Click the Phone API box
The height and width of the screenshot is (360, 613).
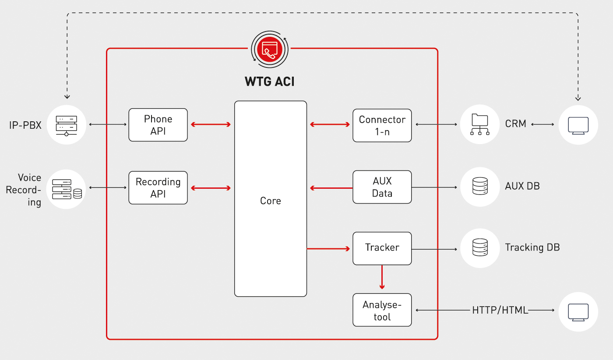(158, 125)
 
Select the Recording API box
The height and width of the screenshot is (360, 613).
(158, 187)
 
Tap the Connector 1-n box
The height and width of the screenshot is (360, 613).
(382, 125)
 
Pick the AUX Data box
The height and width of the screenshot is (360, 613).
(382, 187)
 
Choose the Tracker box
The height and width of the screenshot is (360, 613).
(382, 248)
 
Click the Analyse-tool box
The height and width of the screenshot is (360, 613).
(382, 310)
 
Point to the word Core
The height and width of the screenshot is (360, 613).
(271, 201)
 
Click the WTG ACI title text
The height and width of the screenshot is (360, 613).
(270, 81)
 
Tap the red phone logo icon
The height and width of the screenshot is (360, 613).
(270, 49)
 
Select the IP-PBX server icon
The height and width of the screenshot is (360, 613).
(66, 125)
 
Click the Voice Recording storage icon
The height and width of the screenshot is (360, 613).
(66, 189)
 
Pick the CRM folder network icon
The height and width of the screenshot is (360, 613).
(480, 125)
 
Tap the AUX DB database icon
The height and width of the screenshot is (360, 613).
(480, 186)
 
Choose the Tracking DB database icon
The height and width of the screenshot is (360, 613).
(480, 248)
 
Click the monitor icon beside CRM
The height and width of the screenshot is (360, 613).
(578, 125)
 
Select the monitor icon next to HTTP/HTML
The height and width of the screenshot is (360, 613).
(578, 311)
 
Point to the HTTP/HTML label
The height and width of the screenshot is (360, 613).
(500, 311)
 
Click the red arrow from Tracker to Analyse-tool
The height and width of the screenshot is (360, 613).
(382, 277)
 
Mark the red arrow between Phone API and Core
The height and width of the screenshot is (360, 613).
(211, 125)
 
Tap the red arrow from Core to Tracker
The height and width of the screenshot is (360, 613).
(329, 249)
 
